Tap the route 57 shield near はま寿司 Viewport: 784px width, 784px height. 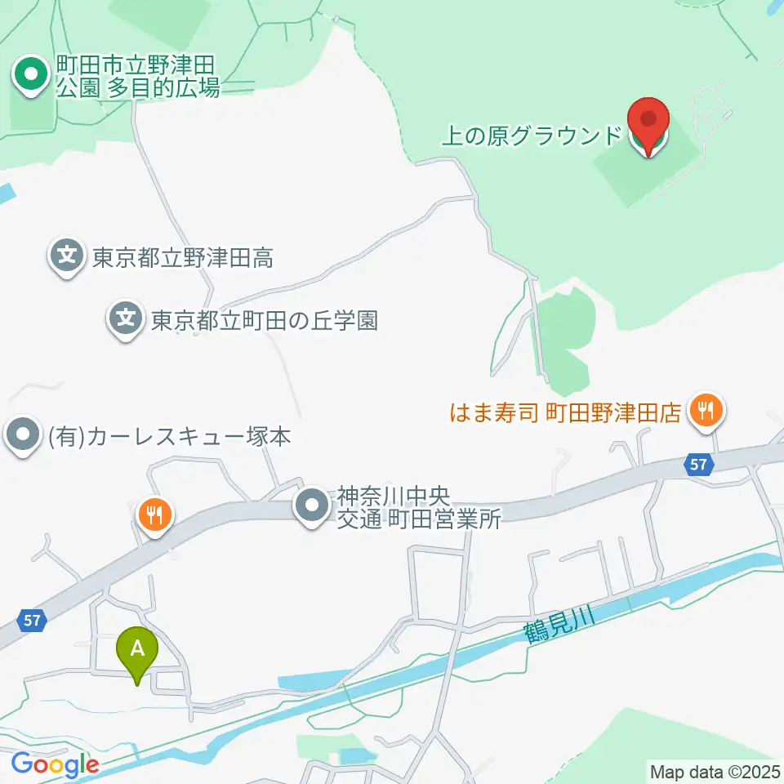click(697, 465)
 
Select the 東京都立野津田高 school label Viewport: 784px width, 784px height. click(181, 259)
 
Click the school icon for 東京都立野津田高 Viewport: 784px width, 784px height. click(67, 256)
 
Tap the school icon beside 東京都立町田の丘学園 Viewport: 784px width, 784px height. click(126, 317)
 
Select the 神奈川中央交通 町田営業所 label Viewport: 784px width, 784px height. click(418, 508)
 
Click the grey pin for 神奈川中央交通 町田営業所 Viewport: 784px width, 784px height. click(312, 508)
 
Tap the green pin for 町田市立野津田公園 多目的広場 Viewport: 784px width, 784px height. click(31, 76)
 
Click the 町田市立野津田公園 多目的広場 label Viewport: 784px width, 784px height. click(137, 76)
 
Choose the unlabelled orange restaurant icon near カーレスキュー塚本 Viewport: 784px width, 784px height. click(154, 515)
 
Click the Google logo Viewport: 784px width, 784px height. click(55, 765)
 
